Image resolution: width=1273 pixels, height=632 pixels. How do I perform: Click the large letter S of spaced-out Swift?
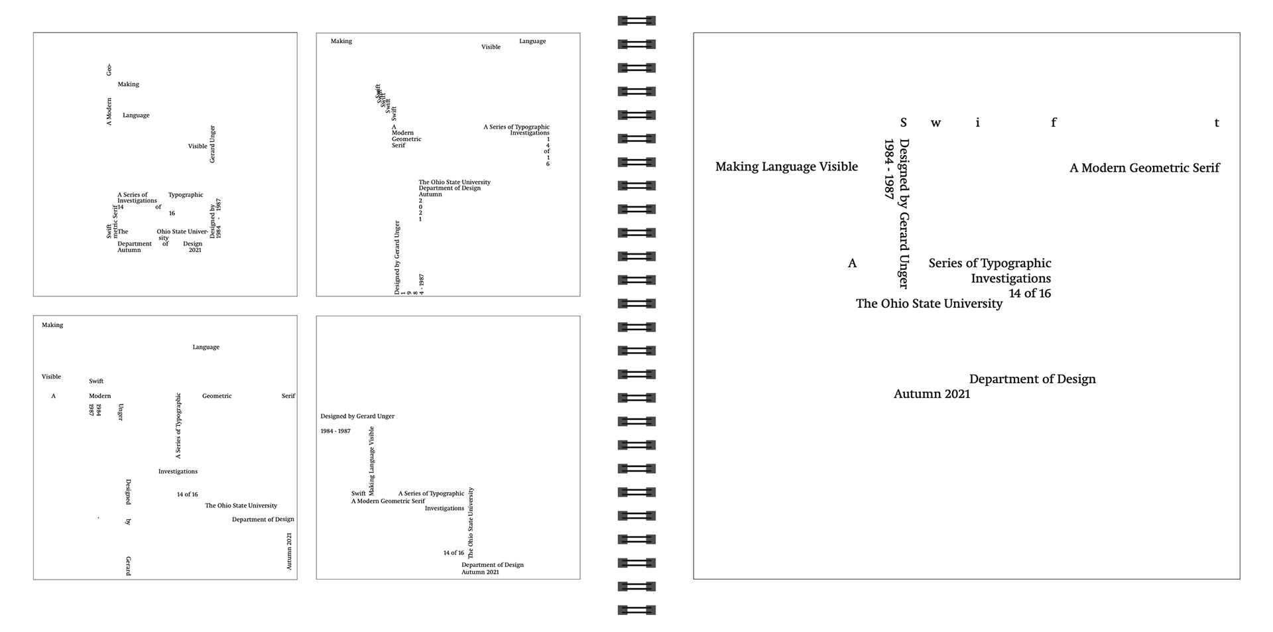[903, 123]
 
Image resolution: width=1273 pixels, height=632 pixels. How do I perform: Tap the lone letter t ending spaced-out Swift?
[1217, 123]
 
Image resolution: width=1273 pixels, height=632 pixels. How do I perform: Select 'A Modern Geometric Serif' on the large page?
[1144, 168]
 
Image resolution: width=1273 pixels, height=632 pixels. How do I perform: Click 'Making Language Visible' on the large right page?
[786, 167]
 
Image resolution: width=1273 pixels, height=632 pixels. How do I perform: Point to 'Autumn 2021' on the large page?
[932, 394]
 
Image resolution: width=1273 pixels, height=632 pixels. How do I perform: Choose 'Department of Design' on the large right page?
[1032, 379]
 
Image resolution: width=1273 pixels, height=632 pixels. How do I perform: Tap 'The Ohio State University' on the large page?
[929, 304]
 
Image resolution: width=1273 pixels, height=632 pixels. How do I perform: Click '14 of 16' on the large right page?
[1030, 293]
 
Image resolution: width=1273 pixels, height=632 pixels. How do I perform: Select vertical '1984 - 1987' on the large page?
[889, 169]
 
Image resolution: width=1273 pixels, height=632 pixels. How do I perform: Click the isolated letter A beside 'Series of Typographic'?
[853, 264]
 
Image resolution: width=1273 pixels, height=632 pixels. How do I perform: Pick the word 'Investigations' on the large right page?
[1010, 279]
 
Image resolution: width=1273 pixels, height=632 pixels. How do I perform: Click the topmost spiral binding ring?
[636, 21]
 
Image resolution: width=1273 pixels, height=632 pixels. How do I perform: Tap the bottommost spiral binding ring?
[636, 609]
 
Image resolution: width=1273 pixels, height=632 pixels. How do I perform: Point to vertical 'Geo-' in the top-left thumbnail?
[109, 70]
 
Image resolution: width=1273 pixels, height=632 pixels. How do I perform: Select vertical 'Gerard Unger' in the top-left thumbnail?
[213, 144]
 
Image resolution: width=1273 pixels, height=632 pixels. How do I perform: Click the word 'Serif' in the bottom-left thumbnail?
[288, 396]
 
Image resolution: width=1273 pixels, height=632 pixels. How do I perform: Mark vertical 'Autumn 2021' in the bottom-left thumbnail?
[289, 551]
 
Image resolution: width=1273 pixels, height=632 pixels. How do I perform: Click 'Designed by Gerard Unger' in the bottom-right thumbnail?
[357, 416]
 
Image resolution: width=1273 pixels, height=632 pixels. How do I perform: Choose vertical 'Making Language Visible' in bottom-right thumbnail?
[371, 461]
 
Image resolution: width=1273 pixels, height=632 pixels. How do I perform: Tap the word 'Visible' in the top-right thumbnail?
[491, 47]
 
